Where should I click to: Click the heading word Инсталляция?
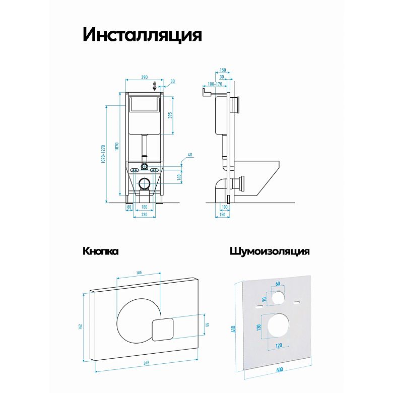142,35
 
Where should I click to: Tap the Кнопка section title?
100,251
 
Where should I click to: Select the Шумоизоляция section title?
270,251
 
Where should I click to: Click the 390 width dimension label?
145,77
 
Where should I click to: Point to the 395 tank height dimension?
170,115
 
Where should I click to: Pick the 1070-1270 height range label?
103,154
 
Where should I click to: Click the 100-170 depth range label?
215,84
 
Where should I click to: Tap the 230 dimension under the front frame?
145,214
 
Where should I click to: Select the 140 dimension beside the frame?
179,177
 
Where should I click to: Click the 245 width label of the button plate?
147,363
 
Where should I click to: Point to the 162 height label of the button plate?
80,326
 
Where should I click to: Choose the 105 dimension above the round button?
139,273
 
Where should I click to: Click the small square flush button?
162,330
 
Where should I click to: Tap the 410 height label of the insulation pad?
234,329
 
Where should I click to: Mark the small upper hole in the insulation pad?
278,297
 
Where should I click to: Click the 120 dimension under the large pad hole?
279,346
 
